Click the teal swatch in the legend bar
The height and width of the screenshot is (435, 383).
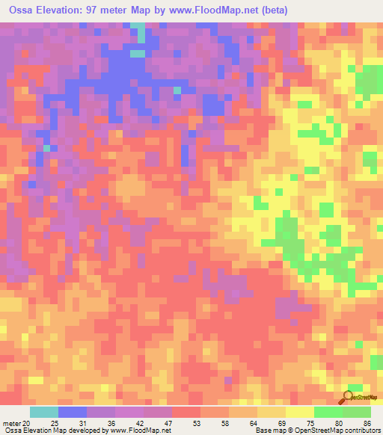pyautogui.click(x=44, y=413)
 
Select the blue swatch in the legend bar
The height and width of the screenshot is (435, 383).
pyautogui.click(x=73, y=413)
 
